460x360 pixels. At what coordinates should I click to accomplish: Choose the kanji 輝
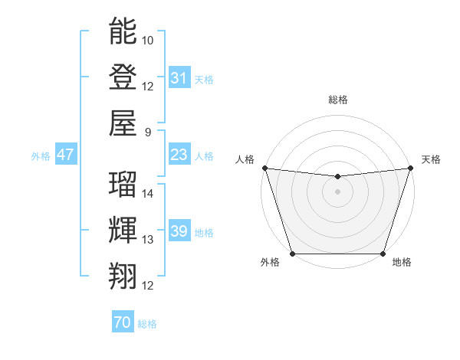123,230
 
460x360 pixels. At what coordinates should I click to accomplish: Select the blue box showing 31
179,78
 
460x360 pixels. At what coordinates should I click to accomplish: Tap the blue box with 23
179,155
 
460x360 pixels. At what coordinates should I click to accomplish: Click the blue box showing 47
65,155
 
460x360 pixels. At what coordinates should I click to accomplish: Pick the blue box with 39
179,232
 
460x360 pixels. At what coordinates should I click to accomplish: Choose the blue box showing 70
122,323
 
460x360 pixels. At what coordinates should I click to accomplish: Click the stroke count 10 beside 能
148,40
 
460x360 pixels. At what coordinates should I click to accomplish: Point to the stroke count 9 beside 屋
149,132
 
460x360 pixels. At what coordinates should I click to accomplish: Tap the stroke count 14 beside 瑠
148,194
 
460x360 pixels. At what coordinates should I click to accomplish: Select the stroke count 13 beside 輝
148,240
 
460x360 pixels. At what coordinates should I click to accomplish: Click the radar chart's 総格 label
337,100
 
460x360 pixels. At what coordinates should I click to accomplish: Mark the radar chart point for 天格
410,168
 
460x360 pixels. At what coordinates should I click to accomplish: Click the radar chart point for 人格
264,168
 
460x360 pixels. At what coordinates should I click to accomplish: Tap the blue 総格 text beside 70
147,324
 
